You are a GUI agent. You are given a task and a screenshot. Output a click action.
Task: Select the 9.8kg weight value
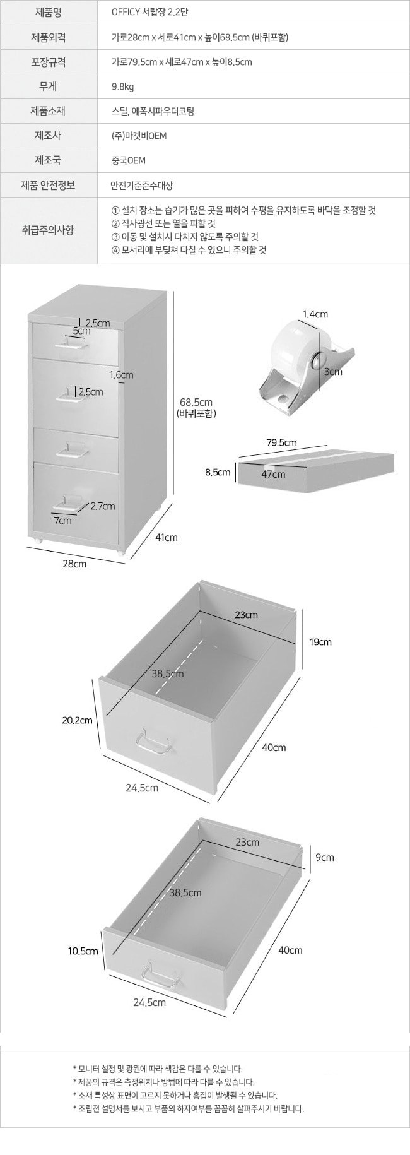(122, 86)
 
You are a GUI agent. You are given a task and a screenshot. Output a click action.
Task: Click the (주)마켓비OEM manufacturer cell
(139, 136)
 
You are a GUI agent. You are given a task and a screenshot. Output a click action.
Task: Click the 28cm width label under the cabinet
(74, 564)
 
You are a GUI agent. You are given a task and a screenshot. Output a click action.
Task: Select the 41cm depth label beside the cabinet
(167, 537)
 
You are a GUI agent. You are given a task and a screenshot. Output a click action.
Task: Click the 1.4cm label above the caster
(315, 314)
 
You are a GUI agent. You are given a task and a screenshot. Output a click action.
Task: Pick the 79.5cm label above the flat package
(281, 442)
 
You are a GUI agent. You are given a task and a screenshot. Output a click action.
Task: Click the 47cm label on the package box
(273, 474)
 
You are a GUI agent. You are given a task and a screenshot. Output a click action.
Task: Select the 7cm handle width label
(63, 521)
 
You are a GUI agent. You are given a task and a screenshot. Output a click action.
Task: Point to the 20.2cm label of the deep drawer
(77, 720)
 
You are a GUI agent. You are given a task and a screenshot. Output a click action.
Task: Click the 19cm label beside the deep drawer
(320, 642)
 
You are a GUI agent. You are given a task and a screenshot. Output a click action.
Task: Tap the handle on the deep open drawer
(155, 742)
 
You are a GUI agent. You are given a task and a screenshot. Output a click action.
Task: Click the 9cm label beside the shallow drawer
(325, 857)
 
